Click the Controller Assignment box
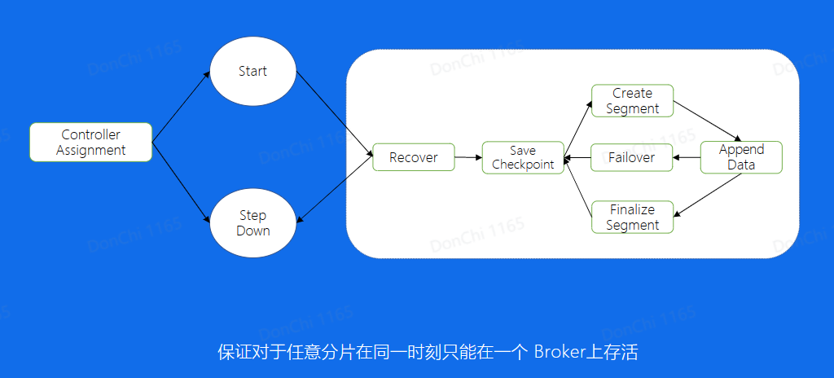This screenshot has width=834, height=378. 90,142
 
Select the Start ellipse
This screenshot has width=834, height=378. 252,71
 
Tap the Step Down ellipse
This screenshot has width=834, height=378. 252,222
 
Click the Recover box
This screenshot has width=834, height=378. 413,157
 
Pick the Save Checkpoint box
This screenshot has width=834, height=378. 523,157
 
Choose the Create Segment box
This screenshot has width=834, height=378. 632,101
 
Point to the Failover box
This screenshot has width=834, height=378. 631,157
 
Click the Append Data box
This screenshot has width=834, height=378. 741,157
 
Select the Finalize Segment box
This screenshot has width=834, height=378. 632,218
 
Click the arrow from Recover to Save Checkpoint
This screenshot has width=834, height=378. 467,157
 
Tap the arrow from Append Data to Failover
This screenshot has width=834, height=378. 687,157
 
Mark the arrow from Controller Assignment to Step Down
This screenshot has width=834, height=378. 181,181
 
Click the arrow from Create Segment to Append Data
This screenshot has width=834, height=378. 708,121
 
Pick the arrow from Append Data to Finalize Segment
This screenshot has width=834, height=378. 708,195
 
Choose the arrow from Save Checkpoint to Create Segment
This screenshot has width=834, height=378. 577,126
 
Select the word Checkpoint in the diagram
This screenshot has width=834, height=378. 523,165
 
